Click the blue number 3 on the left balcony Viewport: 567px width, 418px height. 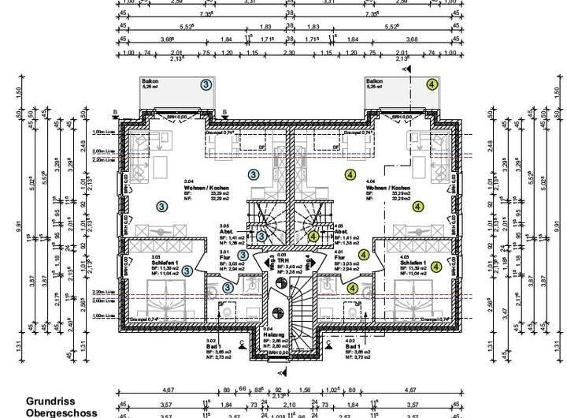[x=206, y=84]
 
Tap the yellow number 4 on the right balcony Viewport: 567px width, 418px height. [x=432, y=84]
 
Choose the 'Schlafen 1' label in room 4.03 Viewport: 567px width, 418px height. [x=413, y=263]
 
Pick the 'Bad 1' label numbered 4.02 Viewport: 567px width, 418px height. [x=353, y=346]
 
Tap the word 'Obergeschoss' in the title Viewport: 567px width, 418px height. [x=61, y=412]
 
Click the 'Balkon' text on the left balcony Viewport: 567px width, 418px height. [x=150, y=80]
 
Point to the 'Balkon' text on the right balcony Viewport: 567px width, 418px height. [x=374, y=80]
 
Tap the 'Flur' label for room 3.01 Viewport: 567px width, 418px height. [x=224, y=257]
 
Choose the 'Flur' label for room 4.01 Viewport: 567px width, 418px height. [x=339, y=257]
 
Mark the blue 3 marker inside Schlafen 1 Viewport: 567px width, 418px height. [x=187, y=271]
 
